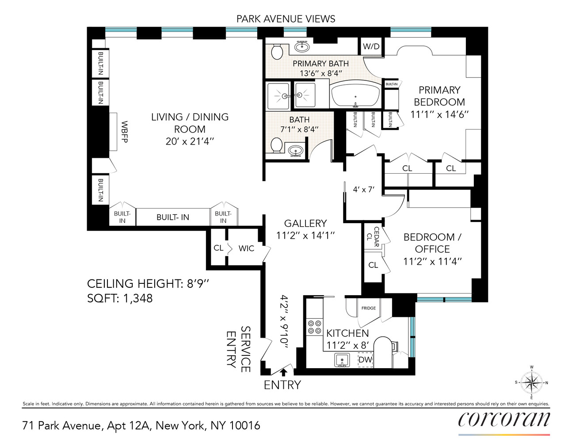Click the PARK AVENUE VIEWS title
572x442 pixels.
click(286, 19)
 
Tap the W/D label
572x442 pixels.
click(371, 46)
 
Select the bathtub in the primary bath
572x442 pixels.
click(355, 95)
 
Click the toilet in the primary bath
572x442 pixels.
click(277, 52)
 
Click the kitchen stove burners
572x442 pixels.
click(314, 327)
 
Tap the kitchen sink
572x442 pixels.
click(342, 360)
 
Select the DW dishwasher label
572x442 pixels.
click(365, 360)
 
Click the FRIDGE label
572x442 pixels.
click(368, 308)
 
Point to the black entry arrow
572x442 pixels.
click(283, 372)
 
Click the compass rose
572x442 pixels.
click(531, 382)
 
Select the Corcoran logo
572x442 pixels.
click(504, 419)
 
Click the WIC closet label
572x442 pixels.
click(246, 248)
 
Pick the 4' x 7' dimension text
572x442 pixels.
click(363, 190)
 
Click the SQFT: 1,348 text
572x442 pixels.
click(120, 298)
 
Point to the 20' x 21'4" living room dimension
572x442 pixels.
click(190, 141)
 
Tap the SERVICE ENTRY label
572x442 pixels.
click(238, 349)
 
